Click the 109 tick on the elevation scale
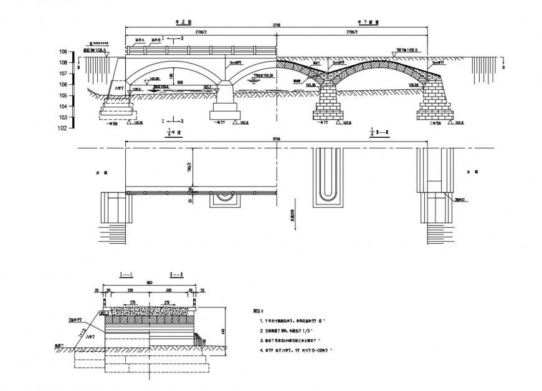[x=63, y=52]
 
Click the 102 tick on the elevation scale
[x=63, y=128]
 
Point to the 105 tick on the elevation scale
[x=63, y=95]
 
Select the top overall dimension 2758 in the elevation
[x=277, y=26]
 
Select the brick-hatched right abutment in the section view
[x=434, y=103]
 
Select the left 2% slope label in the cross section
[x=133, y=302]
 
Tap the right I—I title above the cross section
[x=176, y=274]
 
